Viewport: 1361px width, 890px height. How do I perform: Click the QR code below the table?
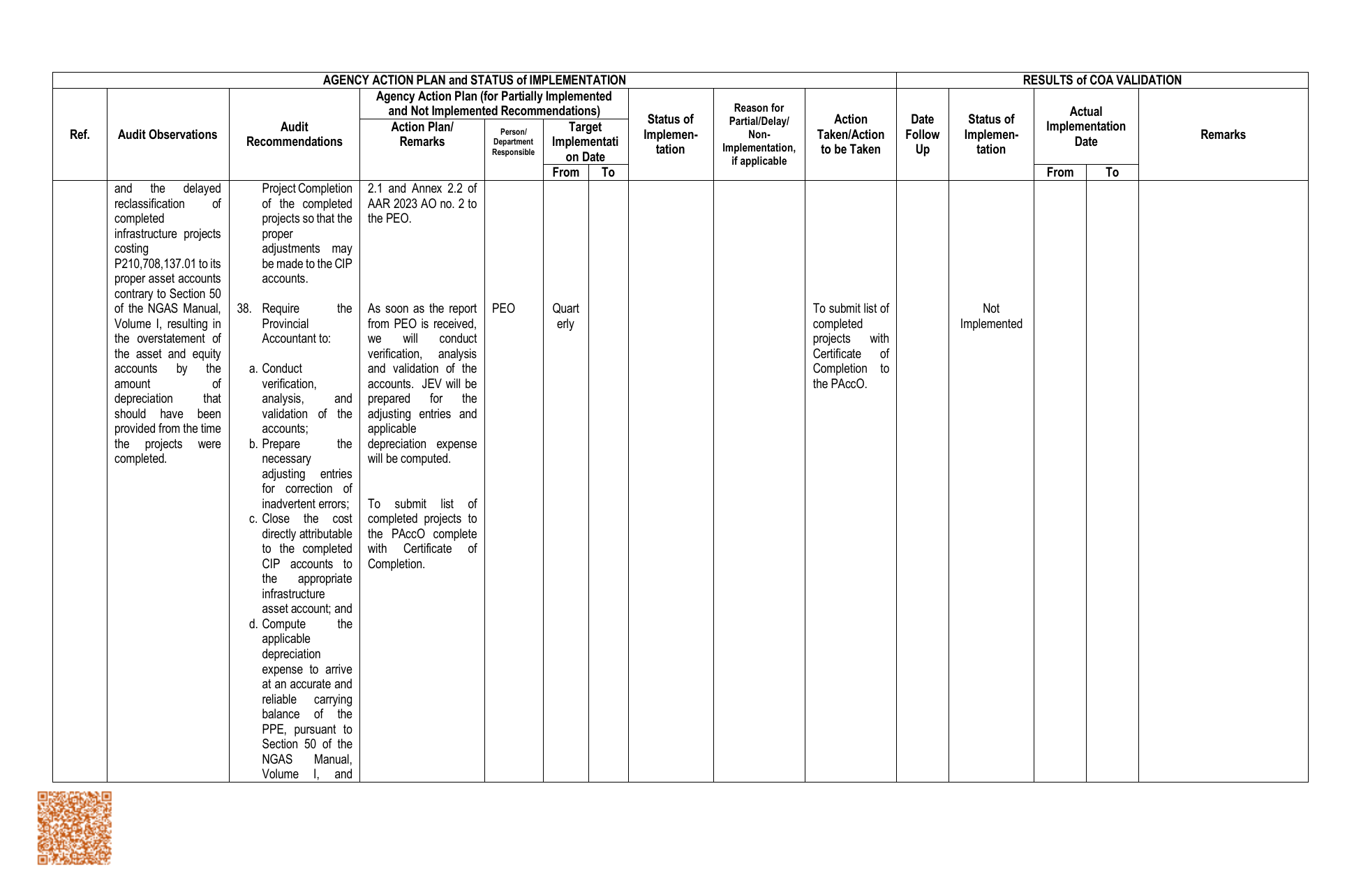[74, 828]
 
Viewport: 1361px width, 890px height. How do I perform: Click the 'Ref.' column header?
[80, 135]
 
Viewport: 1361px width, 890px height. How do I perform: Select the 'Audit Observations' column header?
[168, 135]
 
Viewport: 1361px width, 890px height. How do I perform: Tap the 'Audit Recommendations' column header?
[294, 135]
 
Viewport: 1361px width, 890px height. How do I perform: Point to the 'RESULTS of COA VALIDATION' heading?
[1101, 80]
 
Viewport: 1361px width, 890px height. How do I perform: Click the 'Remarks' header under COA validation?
[1223, 135]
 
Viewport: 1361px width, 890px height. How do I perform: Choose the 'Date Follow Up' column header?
[922, 135]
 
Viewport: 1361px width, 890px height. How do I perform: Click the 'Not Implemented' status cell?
[990, 316]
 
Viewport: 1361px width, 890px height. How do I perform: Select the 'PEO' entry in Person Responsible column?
[503, 309]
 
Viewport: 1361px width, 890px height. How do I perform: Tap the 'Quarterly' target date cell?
[565, 316]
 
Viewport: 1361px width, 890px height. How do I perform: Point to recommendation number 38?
[244, 309]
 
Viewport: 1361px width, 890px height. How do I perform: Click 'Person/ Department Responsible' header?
[513, 142]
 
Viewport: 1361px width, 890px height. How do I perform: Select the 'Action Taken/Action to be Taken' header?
[850, 135]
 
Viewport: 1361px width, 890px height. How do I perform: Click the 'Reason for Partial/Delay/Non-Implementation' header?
[759, 135]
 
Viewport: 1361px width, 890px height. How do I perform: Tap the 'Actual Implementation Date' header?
[1085, 126]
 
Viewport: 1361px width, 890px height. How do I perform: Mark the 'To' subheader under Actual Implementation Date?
[1112, 172]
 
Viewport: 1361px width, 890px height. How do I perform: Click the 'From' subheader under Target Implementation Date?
[565, 172]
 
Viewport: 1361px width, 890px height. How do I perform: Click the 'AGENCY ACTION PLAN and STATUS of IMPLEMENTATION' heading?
[474, 80]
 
